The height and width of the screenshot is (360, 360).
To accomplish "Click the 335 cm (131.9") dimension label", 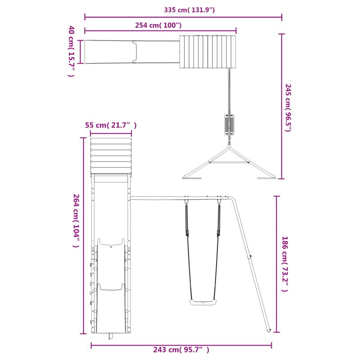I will [x=184, y=9].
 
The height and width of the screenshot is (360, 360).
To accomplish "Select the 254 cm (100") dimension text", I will [x=158, y=25].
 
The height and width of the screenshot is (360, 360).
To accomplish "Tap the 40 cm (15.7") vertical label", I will [x=71, y=51].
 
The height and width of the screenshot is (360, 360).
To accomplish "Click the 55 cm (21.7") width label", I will [x=111, y=126].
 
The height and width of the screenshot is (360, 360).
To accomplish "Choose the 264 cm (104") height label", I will [x=76, y=223].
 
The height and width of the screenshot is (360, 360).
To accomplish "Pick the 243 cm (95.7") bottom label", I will [x=181, y=350].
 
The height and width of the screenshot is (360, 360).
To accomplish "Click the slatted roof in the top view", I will [x=207, y=52].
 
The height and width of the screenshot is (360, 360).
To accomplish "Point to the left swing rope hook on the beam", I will [x=186, y=201].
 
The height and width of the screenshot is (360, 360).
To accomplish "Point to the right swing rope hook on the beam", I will [x=220, y=201].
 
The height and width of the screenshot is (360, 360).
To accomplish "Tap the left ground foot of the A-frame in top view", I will [x=192, y=179].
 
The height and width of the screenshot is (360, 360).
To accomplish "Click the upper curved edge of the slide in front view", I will [x=111, y=243].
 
